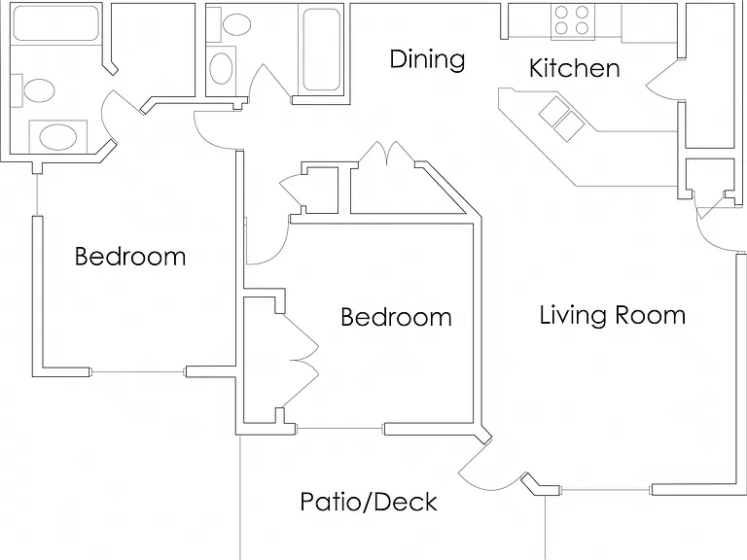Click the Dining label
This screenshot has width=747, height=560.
(x=427, y=59)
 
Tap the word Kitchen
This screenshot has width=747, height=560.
(x=575, y=68)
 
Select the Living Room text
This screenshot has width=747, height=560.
(x=612, y=315)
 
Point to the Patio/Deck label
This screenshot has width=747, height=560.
(x=369, y=502)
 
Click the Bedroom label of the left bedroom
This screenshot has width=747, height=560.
(x=130, y=257)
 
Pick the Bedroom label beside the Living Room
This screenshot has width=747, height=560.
(x=397, y=317)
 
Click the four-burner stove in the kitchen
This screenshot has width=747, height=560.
(x=572, y=21)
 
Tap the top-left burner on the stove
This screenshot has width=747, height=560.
(x=561, y=12)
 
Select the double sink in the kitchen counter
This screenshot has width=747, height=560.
(x=561, y=119)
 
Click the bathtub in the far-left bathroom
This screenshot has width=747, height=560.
(x=56, y=23)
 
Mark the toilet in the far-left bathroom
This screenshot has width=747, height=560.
(x=34, y=90)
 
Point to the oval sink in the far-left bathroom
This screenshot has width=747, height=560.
(x=57, y=137)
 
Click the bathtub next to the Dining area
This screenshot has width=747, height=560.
(x=322, y=50)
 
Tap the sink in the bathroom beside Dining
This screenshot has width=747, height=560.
(x=221, y=69)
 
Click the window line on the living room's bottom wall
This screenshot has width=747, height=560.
(x=607, y=490)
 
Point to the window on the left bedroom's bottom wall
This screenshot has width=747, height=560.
(x=138, y=371)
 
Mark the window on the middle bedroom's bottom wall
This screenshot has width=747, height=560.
(x=340, y=429)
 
